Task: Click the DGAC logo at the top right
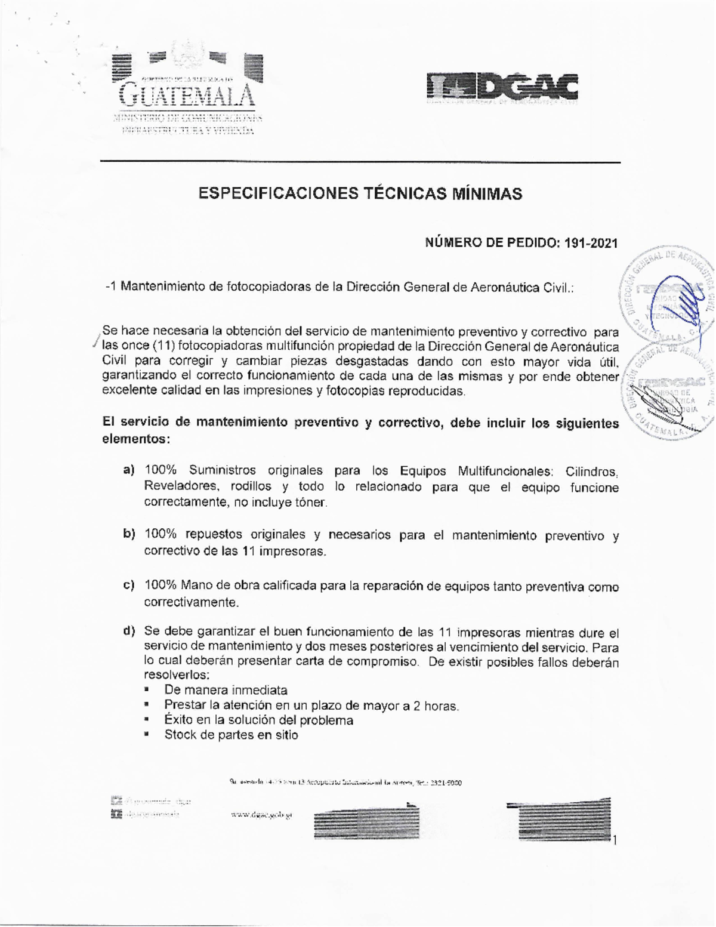(x=502, y=88)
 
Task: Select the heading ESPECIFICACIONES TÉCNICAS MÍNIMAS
(x=360, y=194)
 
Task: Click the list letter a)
(x=129, y=470)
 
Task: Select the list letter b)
(x=129, y=534)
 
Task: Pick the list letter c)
(x=129, y=586)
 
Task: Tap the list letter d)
(x=129, y=632)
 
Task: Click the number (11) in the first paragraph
(x=163, y=347)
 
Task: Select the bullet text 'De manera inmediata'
(x=226, y=691)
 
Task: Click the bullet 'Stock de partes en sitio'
(x=231, y=735)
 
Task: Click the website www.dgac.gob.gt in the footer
(x=261, y=815)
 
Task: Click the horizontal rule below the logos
(x=360, y=162)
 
